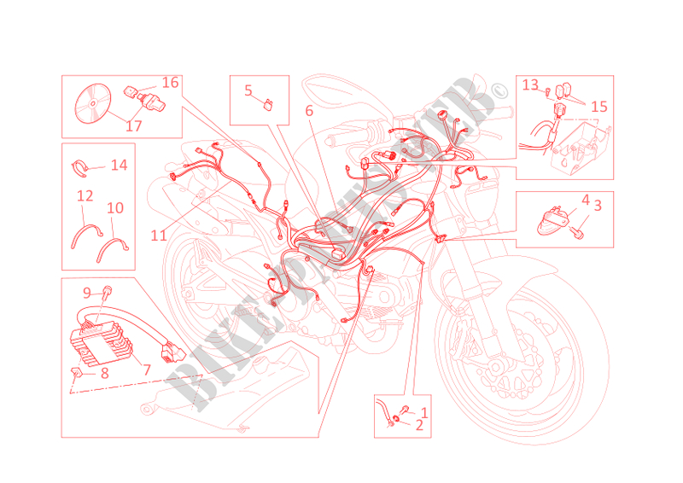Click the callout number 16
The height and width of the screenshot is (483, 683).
pos(170,82)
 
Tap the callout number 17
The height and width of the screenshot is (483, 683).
pos(134,125)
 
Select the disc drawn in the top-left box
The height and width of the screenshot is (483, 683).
pos(93,103)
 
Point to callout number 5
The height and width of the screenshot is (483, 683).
pos(248,90)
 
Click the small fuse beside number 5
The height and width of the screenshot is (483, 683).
pos(269,105)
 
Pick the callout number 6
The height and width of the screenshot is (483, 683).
pos(309,111)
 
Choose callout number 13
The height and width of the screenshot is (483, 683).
pos(530,84)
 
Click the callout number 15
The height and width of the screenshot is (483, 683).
pos(599,107)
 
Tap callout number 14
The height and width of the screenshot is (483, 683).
pos(119,165)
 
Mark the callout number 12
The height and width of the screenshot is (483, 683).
pos(85,196)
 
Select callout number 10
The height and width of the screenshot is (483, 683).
pos(115,208)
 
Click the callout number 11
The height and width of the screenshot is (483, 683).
pos(159,236)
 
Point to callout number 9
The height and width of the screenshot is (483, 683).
pos(87,293)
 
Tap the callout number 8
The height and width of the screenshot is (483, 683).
pos(104,373)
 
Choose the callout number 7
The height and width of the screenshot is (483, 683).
pos(147,370)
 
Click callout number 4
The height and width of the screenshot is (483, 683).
pos(586,201)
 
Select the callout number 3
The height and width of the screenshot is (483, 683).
pos(598,206)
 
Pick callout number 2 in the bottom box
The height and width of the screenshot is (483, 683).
pos(419,426)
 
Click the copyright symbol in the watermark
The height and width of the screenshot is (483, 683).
pos(499,91)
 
